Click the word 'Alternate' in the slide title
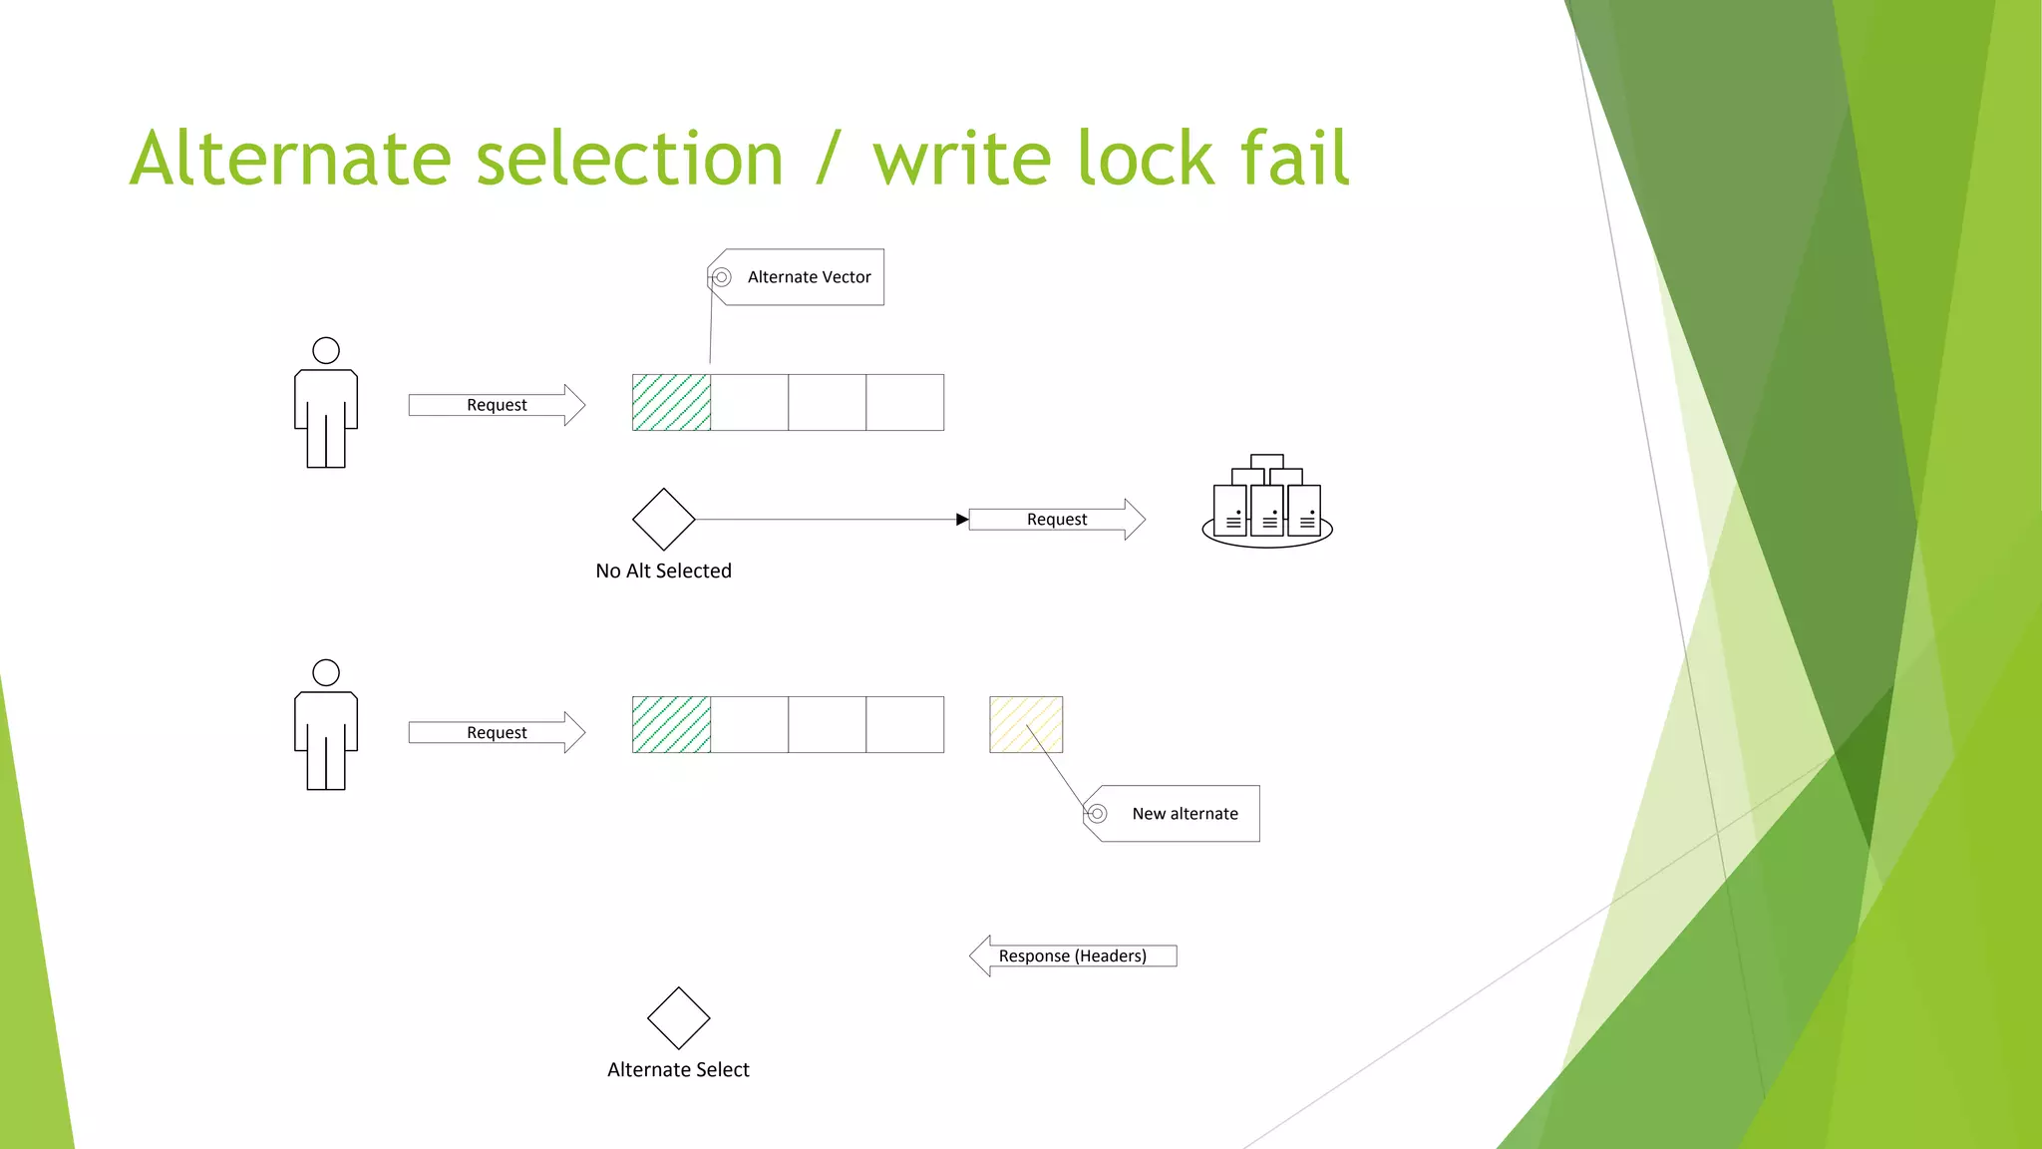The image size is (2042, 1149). [x=289, y=160]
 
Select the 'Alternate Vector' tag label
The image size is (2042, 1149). [x=808, y=277]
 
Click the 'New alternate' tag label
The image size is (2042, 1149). [x=1184, y=814]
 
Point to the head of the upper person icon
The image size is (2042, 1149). [x=326, y=350]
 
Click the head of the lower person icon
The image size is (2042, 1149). [x=326, y=672]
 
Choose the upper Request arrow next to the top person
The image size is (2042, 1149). [x=497, y=405]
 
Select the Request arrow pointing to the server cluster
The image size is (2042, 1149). [x=1057, y=520]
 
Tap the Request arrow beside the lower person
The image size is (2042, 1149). [x=497, y=732]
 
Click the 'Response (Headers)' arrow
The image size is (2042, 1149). [x=1073, y=956]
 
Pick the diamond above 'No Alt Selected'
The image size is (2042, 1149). [x=663, y=520]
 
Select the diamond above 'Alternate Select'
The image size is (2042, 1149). [x=678, y=1018]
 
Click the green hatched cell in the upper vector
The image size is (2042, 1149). [x=671, y=403]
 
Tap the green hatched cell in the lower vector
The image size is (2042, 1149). [x=671, y=725]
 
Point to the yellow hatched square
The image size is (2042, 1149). [x=1026, y=725]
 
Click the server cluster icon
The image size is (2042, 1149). [x=1267, y=504]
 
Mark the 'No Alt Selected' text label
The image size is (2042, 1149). [x=663, y=572]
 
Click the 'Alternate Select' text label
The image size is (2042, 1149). [x=678, y=1070]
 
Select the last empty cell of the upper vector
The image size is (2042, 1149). [x=904, y=403]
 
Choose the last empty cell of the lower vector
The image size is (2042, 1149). [x=904, y=725]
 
